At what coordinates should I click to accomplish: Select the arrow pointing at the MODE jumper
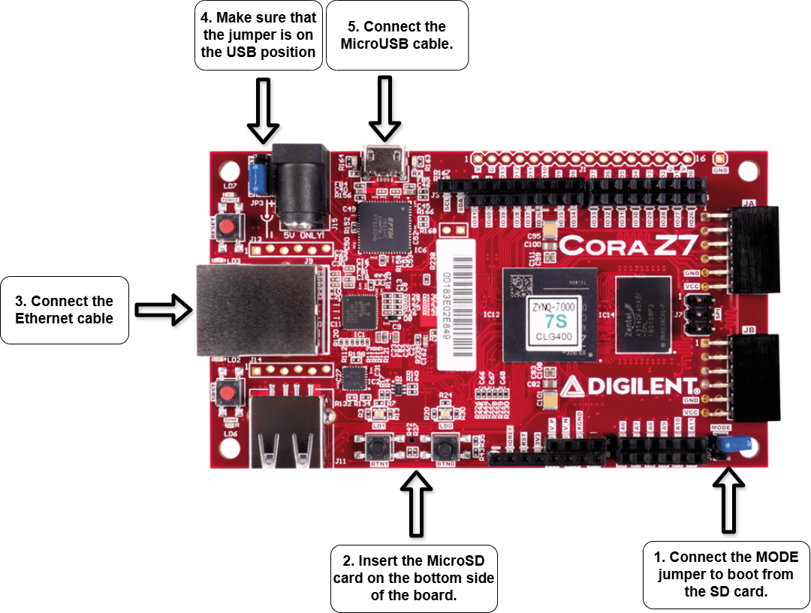(x=727, y=499)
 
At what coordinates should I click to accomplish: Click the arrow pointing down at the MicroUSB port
(x=384, y=108)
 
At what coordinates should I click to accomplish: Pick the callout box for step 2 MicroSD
(x=413, y=578)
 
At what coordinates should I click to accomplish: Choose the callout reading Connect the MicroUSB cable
(x=397, y=35)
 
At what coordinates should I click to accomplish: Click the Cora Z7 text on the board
(x=629, y=245)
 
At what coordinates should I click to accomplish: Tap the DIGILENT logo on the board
(x=631, y=386)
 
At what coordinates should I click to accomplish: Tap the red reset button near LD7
(x=229, y=227)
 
